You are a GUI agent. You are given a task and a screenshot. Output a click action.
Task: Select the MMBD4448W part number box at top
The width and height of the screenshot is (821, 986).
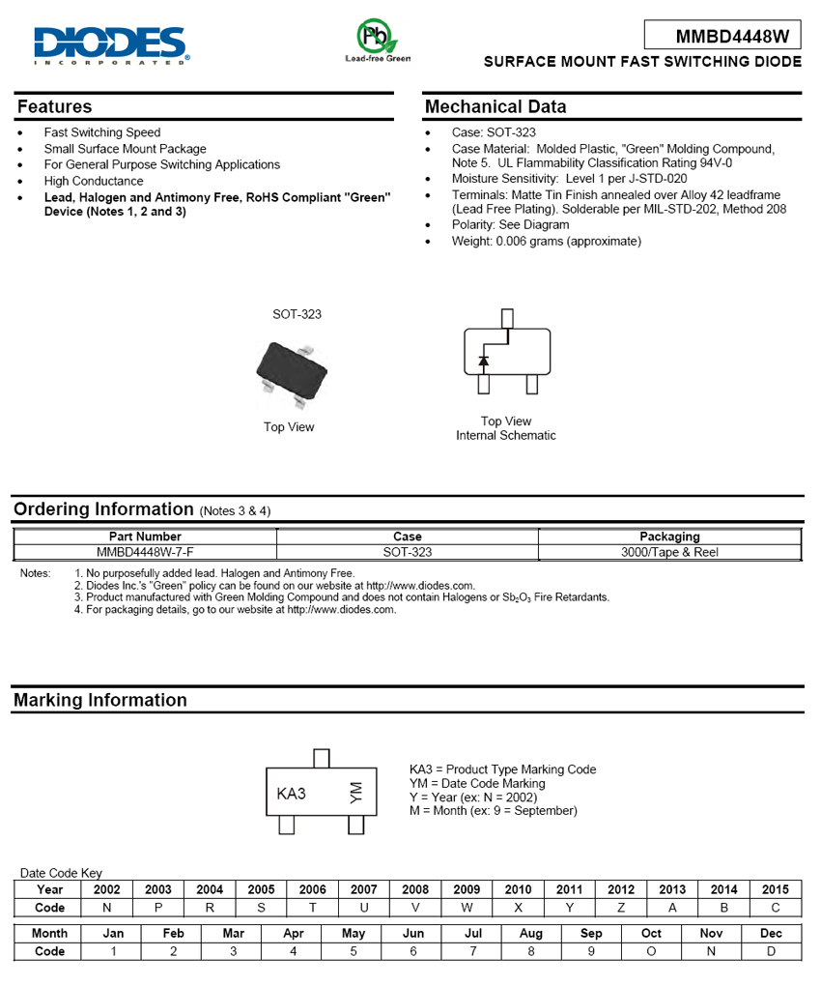(723, 36)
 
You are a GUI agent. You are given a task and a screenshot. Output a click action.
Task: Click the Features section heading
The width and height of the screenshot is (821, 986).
(54, 106)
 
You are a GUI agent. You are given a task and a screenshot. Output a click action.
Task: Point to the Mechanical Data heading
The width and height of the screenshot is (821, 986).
(495, 106)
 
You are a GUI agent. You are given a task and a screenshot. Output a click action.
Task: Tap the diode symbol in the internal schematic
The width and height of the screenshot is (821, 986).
(484, 362)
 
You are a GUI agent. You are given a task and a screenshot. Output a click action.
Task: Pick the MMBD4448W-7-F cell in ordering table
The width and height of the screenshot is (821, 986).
(145, 552)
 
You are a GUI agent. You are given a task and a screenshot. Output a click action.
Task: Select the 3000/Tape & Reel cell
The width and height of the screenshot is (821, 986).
(669, 552)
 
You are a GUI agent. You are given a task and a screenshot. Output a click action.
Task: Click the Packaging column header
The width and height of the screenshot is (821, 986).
(669, 536)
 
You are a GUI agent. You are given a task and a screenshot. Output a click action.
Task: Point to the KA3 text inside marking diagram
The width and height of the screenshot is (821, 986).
(291, 794)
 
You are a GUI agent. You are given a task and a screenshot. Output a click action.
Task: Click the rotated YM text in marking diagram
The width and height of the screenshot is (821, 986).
(355, 793)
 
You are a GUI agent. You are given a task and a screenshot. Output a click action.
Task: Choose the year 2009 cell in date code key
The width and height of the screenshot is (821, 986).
(467, 889)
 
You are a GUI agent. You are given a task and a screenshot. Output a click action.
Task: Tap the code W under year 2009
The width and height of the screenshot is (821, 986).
(467, 909)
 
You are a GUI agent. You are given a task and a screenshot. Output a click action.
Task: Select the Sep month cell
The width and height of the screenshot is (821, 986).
(591, 933)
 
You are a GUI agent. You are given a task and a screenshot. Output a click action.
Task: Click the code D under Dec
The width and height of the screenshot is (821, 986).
(771, 951)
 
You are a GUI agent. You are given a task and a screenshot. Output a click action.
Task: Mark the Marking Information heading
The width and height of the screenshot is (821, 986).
(100, 700)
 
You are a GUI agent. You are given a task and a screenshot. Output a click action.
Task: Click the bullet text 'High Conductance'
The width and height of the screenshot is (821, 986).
(94, 181)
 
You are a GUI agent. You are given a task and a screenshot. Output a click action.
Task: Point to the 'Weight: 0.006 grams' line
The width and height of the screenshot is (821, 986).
(546, 241)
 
